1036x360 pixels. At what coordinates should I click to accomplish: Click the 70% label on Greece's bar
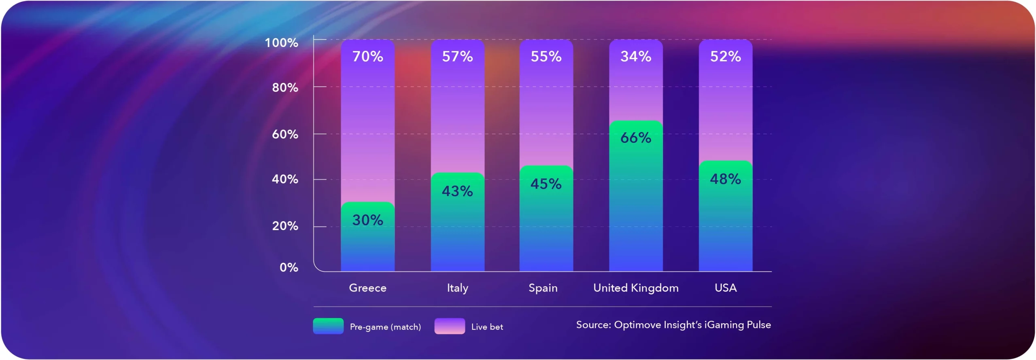click(x=367, y=57)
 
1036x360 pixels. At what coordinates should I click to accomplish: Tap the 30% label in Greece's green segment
click(x=367, y=220)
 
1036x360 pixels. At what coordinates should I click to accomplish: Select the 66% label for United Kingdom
click(x=636, y=138)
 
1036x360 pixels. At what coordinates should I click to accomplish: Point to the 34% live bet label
click(x=636, y=57)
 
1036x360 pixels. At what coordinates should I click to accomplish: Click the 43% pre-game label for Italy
click(x=457, y=191)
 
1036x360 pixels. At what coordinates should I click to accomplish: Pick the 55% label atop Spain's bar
click(x=546, y=57)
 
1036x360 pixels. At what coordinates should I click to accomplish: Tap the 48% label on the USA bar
click(x=725, y=179)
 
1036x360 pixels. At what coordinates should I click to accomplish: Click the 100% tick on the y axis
click(x=281, y=43)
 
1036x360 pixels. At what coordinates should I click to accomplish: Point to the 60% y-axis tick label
click(x=285, y=134)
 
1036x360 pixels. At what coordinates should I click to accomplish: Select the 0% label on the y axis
click(x=289, y=267)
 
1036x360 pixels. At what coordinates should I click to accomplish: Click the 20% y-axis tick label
click(x=285, y=226)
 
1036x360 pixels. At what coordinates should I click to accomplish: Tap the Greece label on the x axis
click(x=367, y=288)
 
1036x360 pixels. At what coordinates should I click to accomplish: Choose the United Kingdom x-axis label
click(x=636, y=288)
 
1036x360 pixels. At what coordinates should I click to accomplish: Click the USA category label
click(x=725, y=288)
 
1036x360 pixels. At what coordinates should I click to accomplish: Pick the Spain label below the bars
click(x=543, y=288)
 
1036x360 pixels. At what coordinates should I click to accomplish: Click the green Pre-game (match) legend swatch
click(x=328, y=326)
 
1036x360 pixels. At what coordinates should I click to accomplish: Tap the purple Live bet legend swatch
click(x=450, y=326)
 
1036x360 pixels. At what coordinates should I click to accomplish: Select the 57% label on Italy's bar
click(x=457, y=57)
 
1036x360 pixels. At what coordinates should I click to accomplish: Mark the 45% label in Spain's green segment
click(x=546, y=184)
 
